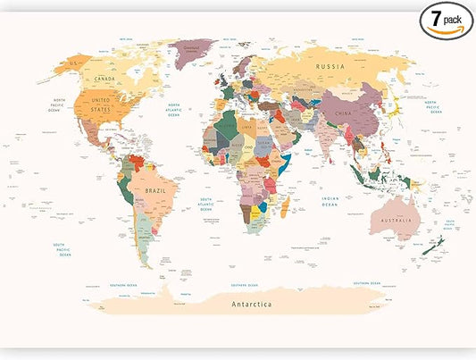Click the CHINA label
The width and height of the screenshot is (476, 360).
point(342,114)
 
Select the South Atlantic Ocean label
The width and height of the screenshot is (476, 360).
point(206,205)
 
